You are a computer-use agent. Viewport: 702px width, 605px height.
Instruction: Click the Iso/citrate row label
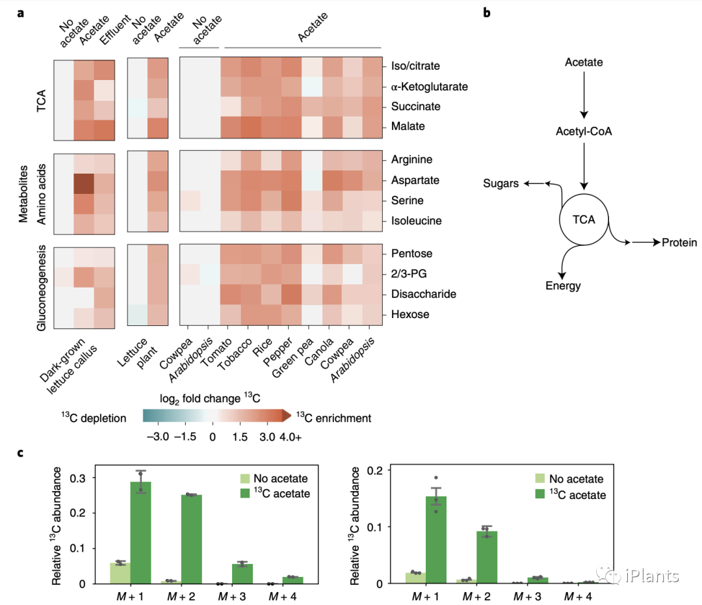416,66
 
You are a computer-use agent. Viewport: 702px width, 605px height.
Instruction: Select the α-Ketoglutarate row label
429,86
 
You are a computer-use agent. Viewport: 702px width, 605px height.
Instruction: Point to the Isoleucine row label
417,221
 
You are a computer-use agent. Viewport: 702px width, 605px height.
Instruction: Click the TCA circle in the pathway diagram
583,219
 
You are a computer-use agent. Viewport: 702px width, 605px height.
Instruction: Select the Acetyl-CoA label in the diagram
584,131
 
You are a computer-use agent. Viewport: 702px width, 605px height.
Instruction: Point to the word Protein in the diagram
679,243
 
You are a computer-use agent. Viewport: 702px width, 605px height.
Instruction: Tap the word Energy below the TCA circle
563,286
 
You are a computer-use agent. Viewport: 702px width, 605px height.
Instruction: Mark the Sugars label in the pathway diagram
501,184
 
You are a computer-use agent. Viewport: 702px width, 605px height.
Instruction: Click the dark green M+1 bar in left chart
141,532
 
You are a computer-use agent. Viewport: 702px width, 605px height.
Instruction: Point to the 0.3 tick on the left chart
79,478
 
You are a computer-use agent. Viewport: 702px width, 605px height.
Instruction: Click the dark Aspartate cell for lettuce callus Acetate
83,184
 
